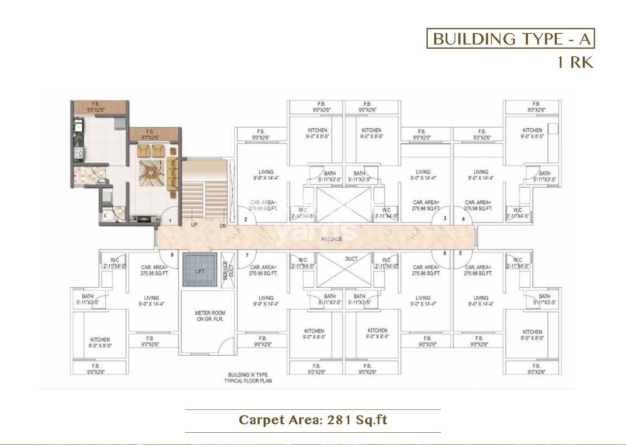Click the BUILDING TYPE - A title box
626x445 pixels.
point(511,39)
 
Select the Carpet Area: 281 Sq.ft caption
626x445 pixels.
point(313,420)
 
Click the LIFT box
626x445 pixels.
point(199,271)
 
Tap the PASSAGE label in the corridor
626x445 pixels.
point(331,239)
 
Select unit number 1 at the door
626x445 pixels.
point(170,220)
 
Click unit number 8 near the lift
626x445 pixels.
point(172,255)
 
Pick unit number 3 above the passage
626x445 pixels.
point(444,219)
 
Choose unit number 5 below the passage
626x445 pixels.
point(460,253)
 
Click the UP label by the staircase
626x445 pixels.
point(194,225)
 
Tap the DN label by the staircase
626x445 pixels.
point(222,225)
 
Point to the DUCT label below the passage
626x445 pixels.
point(351,259)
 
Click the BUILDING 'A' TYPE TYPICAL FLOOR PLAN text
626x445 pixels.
point(248,378)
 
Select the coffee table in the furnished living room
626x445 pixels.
point(150,172)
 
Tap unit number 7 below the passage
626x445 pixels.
point(247,255)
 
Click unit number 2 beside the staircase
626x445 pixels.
point(245,220)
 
